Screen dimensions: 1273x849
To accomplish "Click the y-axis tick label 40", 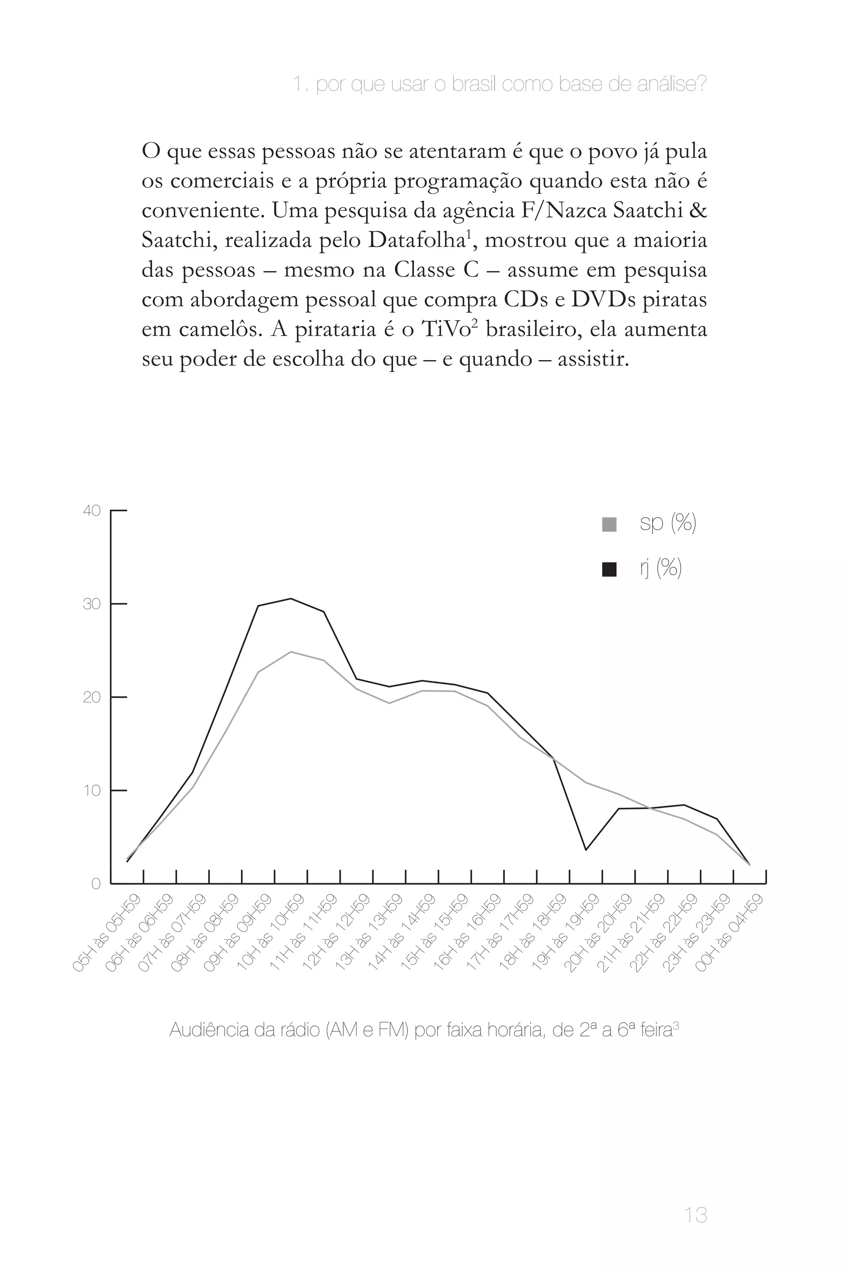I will pyautogui.click(x=92, y=511).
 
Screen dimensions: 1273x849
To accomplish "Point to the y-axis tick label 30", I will pyautogui.click(x=92, y=604).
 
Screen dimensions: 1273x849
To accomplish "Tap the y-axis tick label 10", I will pyautogui.click(x=92, y=791).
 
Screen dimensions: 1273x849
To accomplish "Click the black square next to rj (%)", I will pyautogui.click(x=609, y=569).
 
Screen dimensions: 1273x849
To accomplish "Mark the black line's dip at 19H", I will pyautogui.click(x=585, y=850).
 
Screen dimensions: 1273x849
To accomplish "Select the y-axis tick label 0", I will pyautogui.click(x=96, y=884).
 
